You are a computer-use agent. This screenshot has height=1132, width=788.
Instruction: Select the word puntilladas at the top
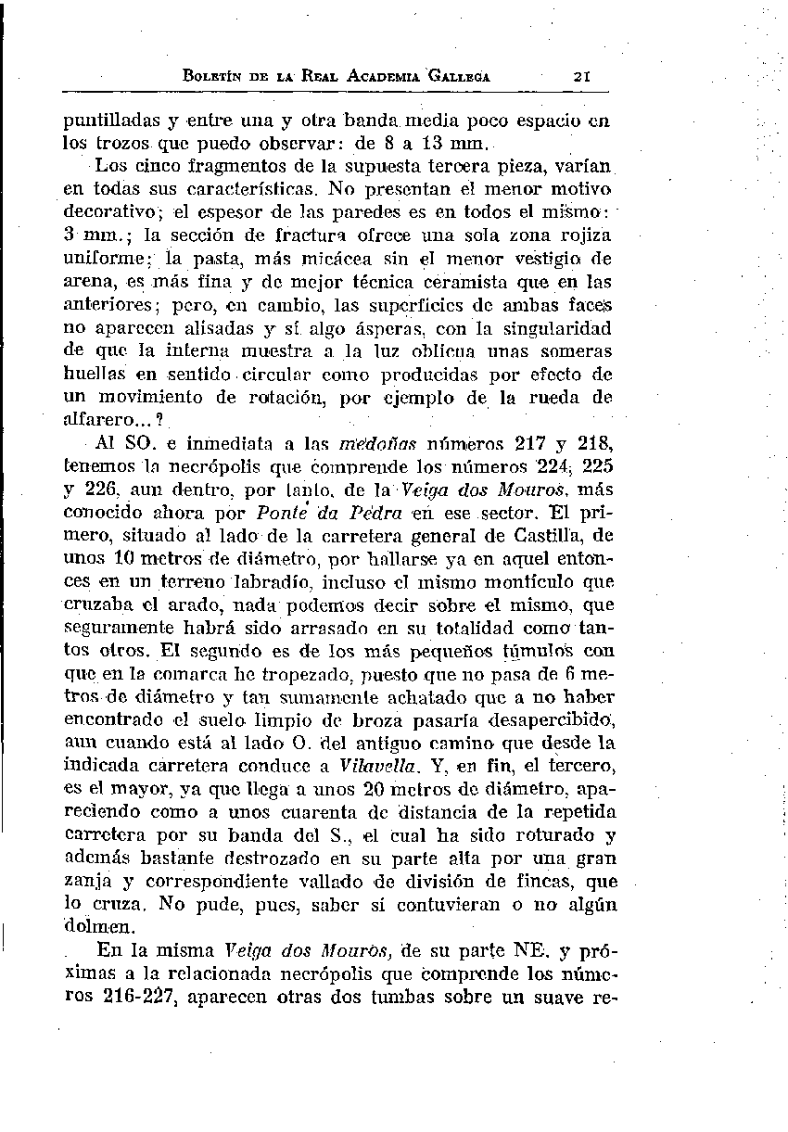[102, 121]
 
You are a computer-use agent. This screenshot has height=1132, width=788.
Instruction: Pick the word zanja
[83, 881]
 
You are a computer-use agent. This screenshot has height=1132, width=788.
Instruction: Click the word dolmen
[93, 926]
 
